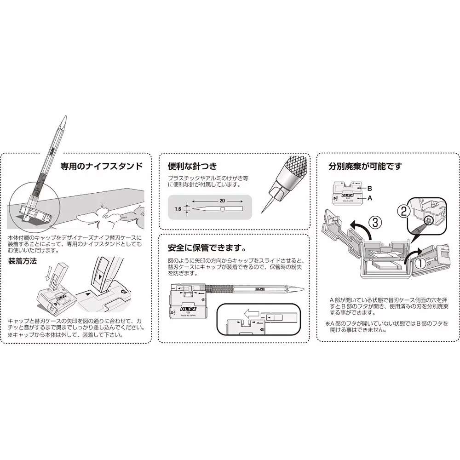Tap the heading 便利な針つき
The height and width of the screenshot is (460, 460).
[x=192, y=166]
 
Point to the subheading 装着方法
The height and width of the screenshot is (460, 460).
[x=23, y=261]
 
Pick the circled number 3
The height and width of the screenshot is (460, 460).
[x=374, y=223]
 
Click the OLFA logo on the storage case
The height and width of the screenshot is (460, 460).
[x=184, y=305]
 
